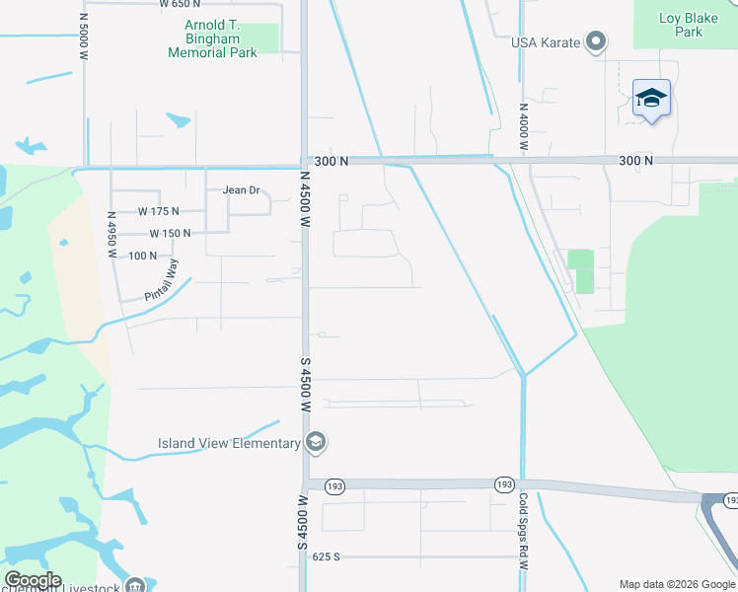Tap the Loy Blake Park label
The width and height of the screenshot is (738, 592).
683,25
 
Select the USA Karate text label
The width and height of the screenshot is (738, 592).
546,42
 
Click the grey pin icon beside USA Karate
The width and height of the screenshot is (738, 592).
595,42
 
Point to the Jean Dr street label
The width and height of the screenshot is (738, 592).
241,190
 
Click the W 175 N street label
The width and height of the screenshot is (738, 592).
159,211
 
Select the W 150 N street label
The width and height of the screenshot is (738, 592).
170,234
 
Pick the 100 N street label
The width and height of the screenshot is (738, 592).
143,256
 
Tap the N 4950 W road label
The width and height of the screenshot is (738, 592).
112,234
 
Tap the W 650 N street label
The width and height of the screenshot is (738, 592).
180,4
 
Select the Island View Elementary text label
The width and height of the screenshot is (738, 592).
229,443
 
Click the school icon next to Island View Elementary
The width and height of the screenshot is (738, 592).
316,442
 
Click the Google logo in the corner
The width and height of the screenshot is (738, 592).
33,580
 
